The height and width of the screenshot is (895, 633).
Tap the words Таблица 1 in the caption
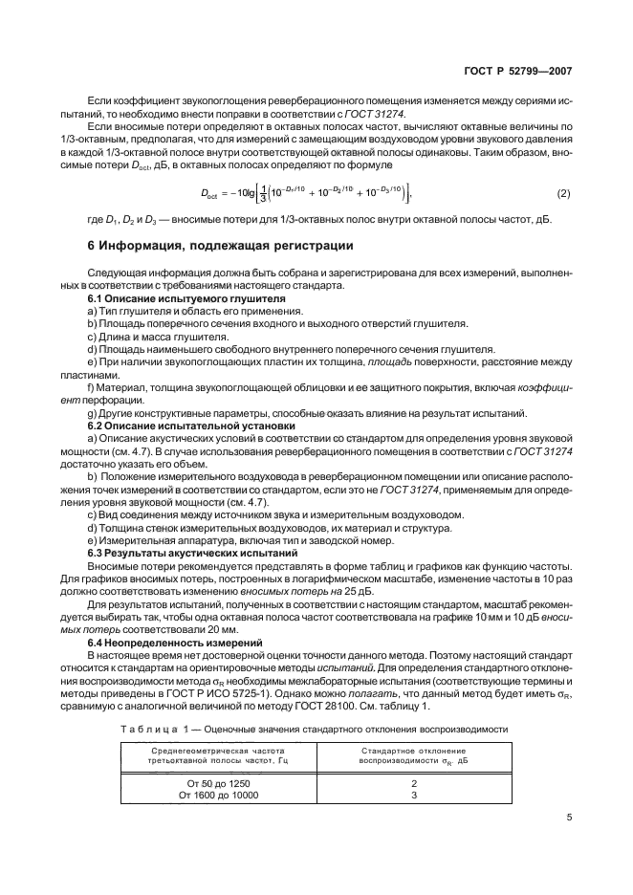[146, 729]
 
